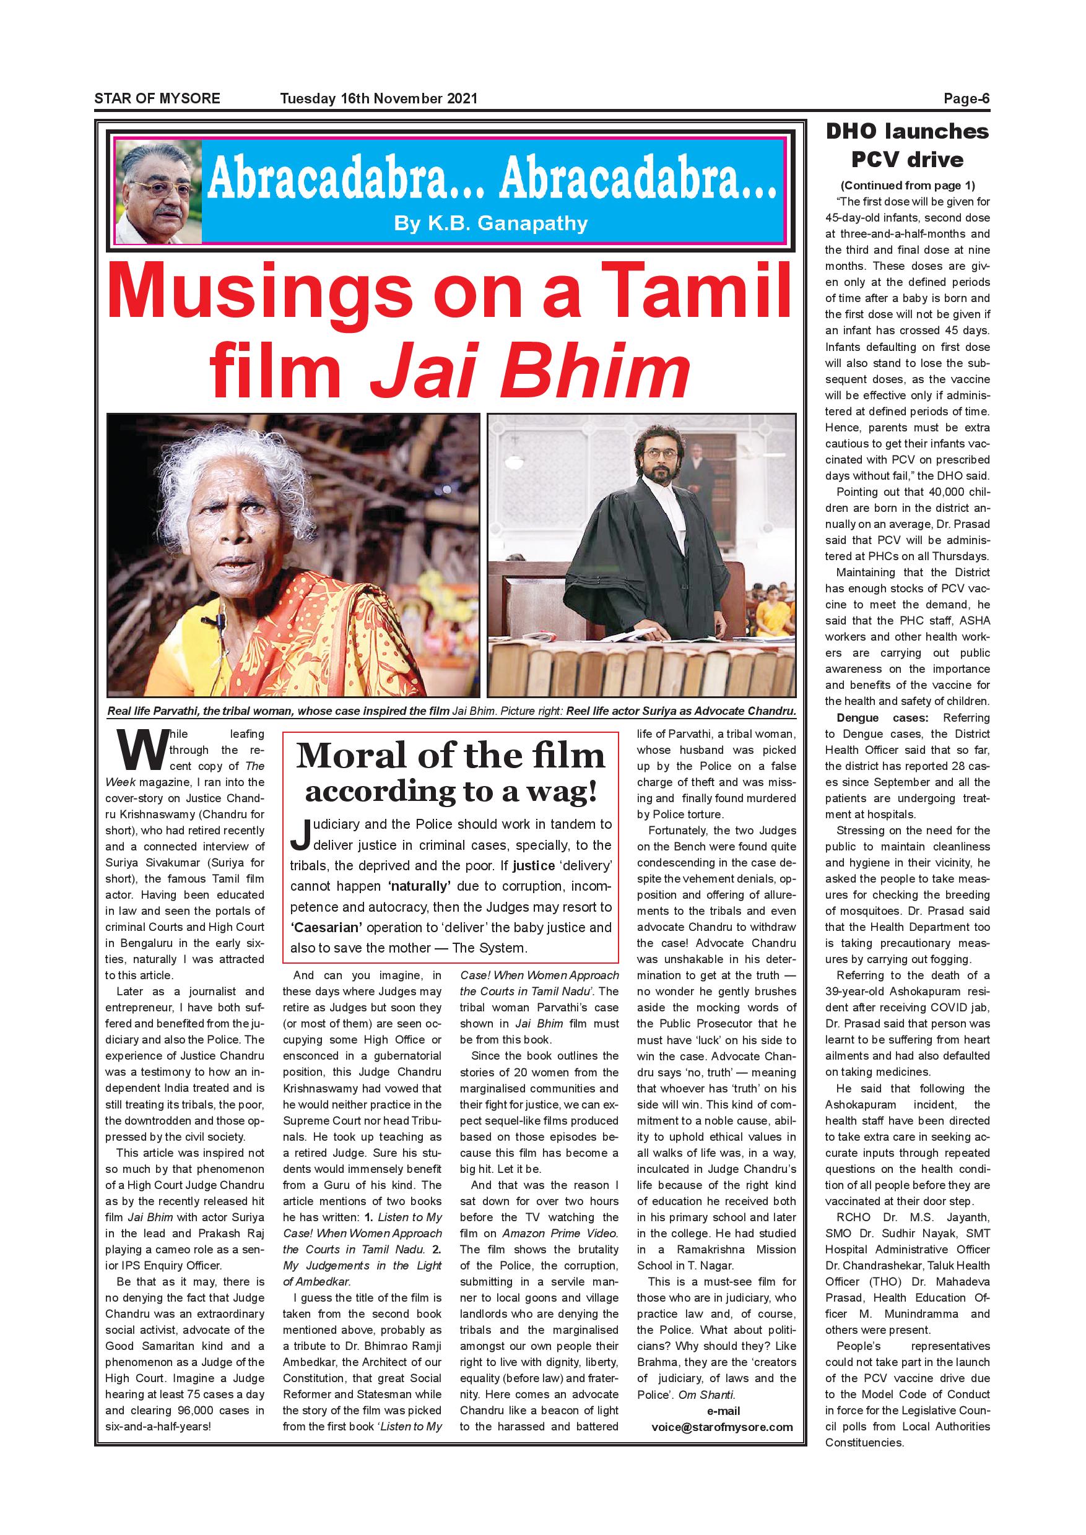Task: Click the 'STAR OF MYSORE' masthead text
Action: [157, 98]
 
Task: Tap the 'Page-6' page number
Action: [967, 99]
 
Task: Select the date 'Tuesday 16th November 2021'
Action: [378, 98]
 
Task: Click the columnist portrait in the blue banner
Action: [159, 194]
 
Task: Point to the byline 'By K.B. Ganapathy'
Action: [491, 223]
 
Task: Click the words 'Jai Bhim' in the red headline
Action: [529, 369]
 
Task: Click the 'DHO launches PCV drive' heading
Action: [907, 145]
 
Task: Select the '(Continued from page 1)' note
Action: [908, 185]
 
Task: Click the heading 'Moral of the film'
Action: [450, 756]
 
